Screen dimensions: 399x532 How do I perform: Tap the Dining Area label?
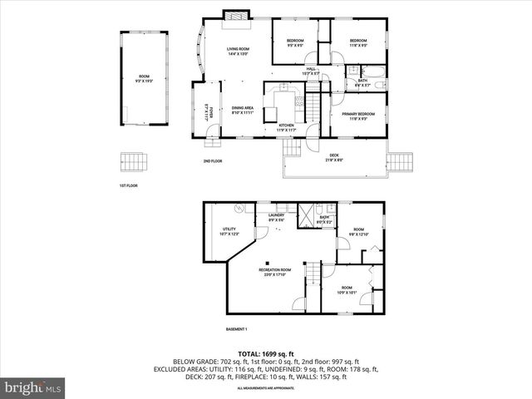point(243,110)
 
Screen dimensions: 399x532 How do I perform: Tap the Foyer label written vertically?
point(210,112)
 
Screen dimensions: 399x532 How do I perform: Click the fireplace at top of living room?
point(234,15)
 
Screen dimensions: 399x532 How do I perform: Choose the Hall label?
point(311,71)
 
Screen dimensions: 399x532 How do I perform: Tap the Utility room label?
point(229,232)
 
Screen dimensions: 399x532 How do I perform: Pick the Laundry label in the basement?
point(276,218)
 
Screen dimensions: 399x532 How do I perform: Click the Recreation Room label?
point(274,272)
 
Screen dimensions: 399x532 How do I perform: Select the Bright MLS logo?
point(33,387)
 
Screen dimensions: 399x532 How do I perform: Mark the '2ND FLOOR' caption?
point(212,161)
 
